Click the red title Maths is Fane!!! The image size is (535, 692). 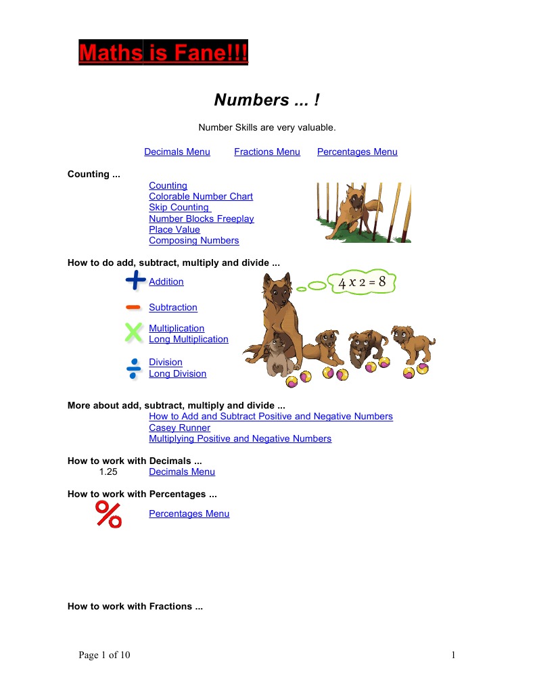[163, 52]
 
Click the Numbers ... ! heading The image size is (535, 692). [266, 100]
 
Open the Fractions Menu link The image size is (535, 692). [267, 152]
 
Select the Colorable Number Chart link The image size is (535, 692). [201, 196]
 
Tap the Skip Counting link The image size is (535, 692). [179, 207]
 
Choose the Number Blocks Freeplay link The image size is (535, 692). [202, 218]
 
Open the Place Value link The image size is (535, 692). [175, 229]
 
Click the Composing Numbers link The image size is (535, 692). [194, 240]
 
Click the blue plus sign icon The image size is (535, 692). [135, 280]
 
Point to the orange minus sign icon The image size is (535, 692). [133, 307]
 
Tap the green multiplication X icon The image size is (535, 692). [134, 332]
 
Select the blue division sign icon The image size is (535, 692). [133, 368]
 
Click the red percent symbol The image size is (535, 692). [108, 514]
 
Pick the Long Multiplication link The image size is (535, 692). [189, 339]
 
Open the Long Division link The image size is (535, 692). [178, 373]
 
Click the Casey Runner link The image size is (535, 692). [179, 428]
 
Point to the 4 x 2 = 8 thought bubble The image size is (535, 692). [361, 282]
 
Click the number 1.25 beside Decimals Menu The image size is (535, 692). [108, 471]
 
